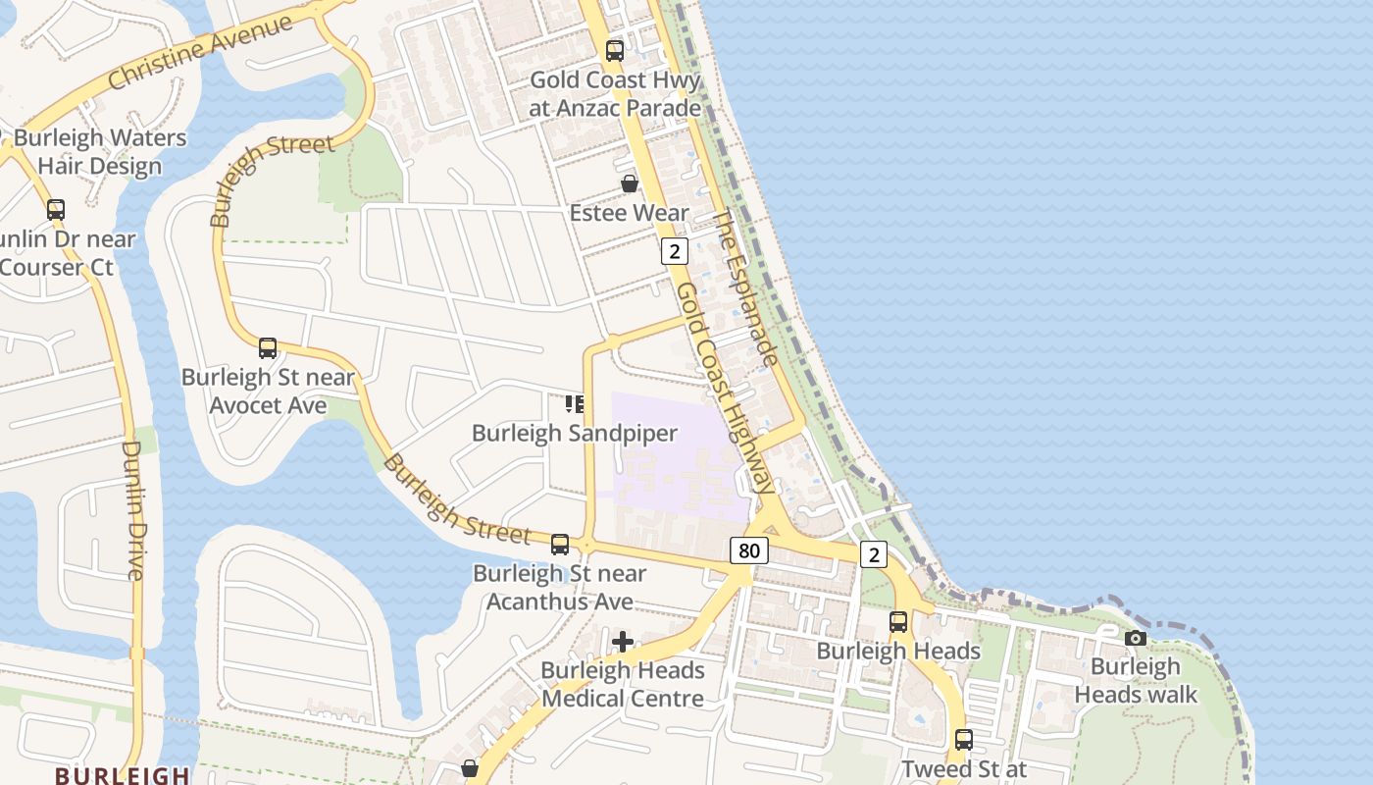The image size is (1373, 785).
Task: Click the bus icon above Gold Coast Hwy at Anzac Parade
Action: (615, 51)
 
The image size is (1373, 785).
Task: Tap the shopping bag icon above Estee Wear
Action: (630, 183)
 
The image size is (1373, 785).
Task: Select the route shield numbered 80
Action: (748, 550)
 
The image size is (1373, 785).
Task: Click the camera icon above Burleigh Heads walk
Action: (1136, 638)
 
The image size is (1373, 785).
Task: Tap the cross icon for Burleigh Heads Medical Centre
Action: (623, 643)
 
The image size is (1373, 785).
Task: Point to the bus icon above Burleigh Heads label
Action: (898, 621)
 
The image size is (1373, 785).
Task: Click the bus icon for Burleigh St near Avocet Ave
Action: (268, 347)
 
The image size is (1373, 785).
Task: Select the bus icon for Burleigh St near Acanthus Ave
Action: (560, 544)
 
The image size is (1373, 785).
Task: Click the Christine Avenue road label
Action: (200, 51)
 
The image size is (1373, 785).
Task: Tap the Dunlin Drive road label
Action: (132, 510)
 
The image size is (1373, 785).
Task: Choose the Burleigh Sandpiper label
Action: (575, 433)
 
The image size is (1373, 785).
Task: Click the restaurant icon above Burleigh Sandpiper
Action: (575, 403)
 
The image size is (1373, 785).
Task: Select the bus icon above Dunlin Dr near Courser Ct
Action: (56, 209)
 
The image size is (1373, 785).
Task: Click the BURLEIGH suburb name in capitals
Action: (123, 775)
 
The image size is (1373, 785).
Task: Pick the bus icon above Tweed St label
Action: (964, 740)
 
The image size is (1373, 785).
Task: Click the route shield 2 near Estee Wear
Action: (674, 251)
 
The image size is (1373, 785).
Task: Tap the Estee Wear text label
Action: (630, 213)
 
